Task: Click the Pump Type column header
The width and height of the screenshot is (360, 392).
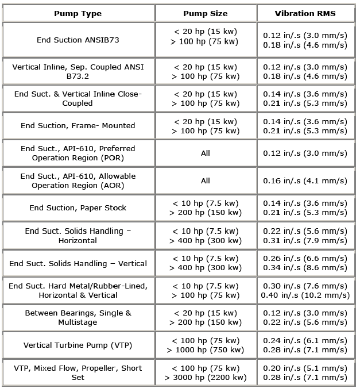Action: coord(78,13)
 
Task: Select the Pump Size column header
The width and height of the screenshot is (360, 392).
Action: coord(205,13)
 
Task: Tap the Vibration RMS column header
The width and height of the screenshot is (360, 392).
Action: coord(305,13)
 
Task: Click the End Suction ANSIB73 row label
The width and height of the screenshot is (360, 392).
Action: coord(78,40)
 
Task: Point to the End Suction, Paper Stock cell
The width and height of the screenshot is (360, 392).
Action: coord(78,207)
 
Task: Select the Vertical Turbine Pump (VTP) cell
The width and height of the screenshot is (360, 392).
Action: coord(78,345)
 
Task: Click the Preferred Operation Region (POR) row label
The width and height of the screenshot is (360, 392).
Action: coord(78,153)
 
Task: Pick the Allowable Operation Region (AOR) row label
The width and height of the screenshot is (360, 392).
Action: coord(78,180)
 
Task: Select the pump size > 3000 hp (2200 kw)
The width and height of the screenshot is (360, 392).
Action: coord(206,378)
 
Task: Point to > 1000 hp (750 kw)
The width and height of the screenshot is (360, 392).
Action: coord(206,350)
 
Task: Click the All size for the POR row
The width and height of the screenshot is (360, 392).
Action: coord(205,153)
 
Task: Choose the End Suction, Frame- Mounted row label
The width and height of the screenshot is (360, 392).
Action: coord(78,125)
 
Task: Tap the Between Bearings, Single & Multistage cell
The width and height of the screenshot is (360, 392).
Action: coord(78,318)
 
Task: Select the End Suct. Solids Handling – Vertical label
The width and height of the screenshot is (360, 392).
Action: coord(78,263)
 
